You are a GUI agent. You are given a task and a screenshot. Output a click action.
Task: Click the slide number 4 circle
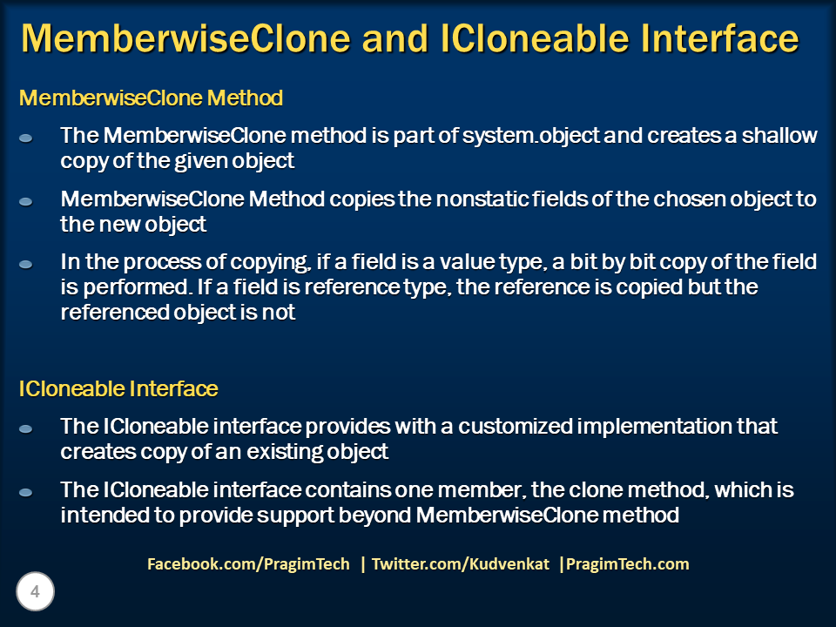point(36,593)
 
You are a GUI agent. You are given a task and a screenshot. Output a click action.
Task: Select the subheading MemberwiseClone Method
point(151,98)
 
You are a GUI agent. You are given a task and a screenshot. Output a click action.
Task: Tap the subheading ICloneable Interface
point(118,389)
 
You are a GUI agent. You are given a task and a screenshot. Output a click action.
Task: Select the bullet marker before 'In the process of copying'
point(26,263)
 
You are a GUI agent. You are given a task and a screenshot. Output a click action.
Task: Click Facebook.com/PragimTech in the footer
point(248,564)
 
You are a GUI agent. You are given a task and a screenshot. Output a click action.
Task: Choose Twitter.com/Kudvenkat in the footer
point(461,564)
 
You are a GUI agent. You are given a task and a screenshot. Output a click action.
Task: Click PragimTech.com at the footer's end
point(626,564)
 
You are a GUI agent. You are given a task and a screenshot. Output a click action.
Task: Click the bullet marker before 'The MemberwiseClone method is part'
point(26,138)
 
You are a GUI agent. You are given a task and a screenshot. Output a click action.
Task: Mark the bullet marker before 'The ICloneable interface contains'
point(26,492)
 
